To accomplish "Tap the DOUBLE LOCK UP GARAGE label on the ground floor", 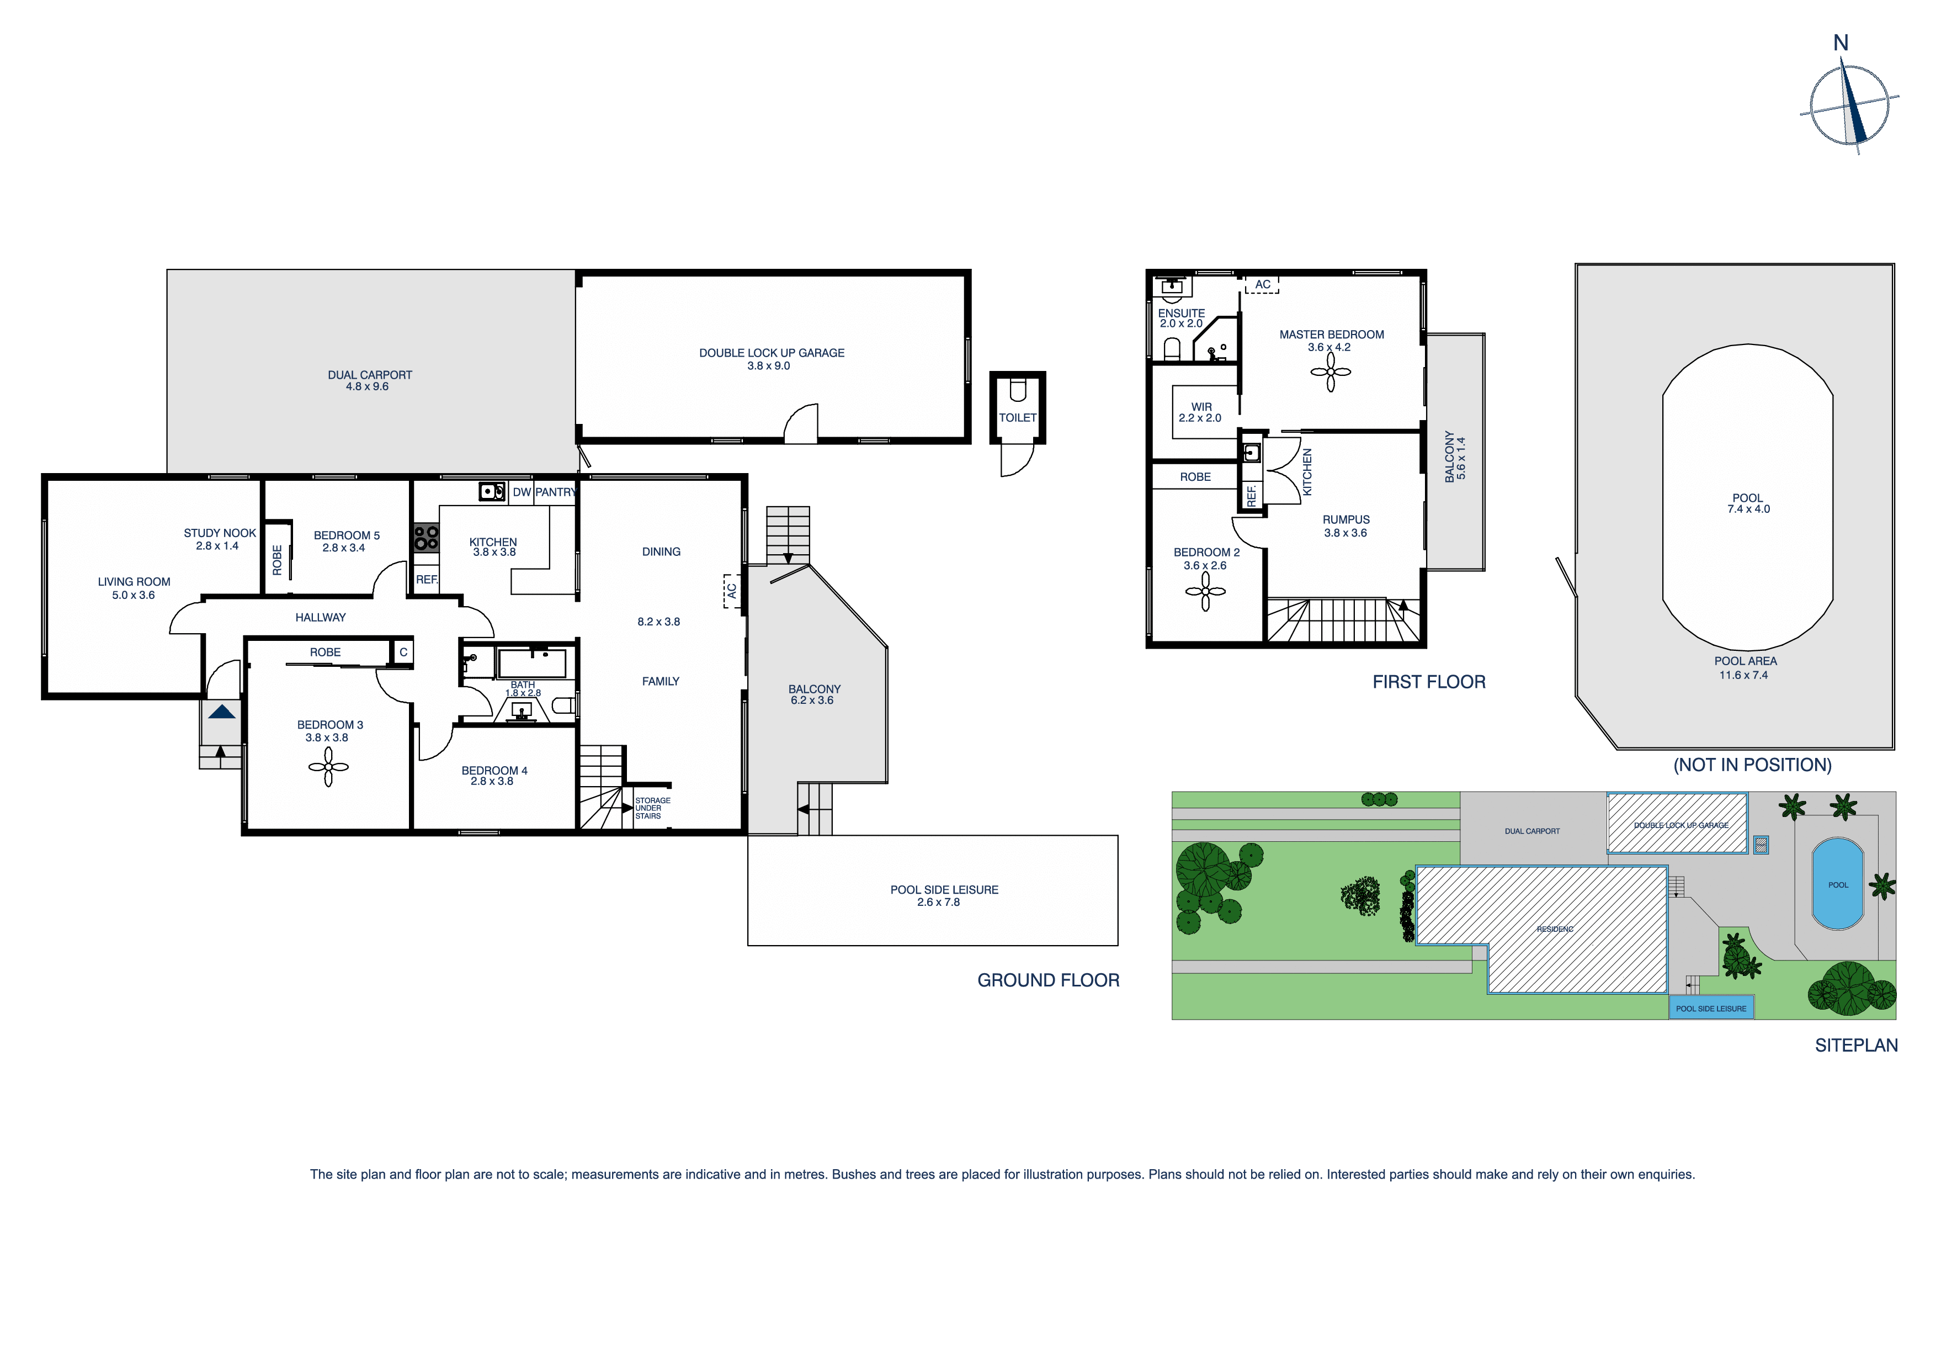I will click(772, 353).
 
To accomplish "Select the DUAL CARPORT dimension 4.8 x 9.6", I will click(367, 387).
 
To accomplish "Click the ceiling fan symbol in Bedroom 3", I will click(328, 767).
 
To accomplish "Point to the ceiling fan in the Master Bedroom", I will click(1331, 372).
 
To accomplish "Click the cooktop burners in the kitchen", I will click(426, 537).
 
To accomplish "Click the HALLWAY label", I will click(321, 618).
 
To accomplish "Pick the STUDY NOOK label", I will click(219, 533).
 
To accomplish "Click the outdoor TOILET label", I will click(1018, 417).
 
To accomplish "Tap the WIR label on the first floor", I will click(1201, 407).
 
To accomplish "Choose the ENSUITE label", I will click(1182, 313).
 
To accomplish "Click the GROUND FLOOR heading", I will click(1048, 980).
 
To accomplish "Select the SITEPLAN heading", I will click(1856, 1045).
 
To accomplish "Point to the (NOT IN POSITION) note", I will click(1752, 765).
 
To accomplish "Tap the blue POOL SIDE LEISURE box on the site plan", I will click(1711, 1008).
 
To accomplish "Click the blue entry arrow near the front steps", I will click(222, 712).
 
